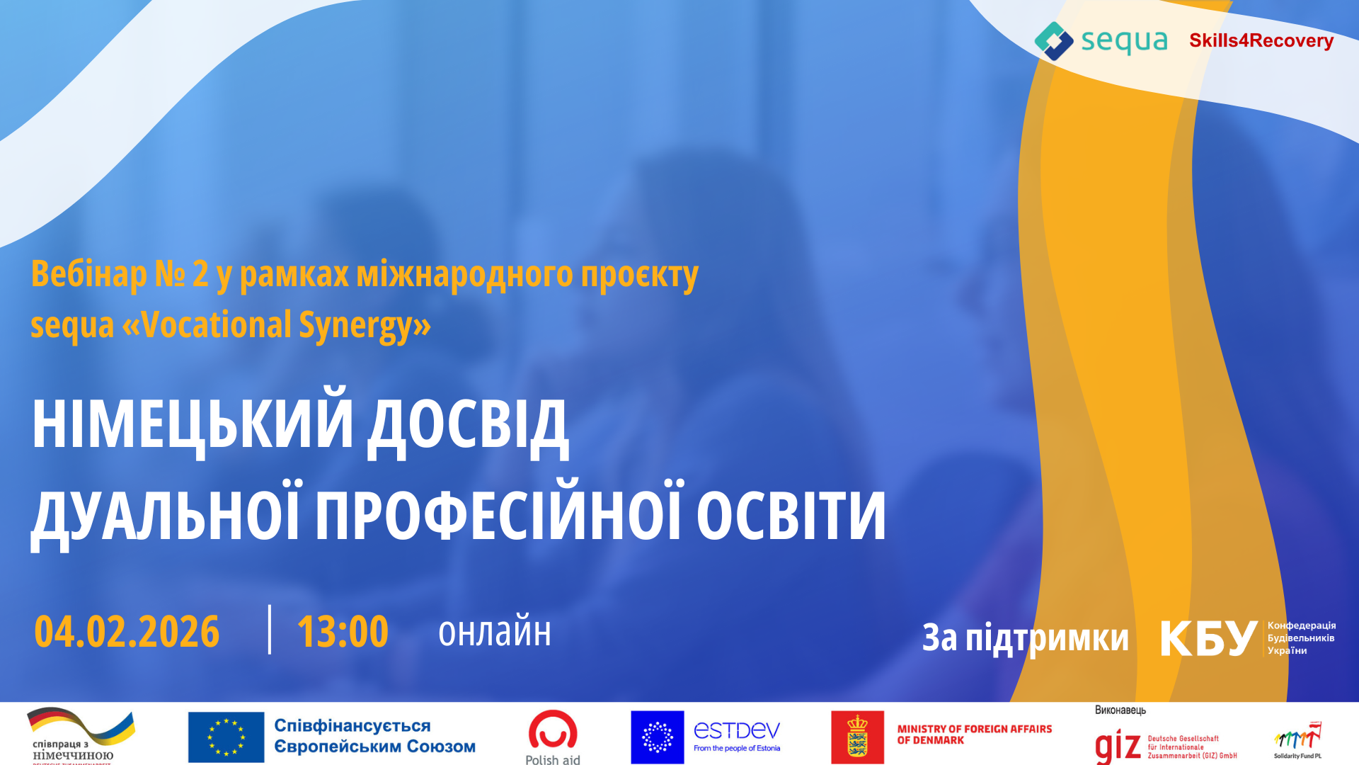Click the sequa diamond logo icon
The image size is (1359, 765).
pyautogui.click(x=1054, y=40)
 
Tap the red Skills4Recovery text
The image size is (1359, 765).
pyautogui.click(x=1261, y=41)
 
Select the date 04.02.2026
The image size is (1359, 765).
pyautogui.click(x=127, y=632)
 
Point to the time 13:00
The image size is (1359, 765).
pyautogui.click(x=343, y=632)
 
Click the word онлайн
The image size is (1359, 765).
pyautogui.click(x=495, y=633)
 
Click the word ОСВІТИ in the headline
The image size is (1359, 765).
pyautogui.click(x=791, y=515)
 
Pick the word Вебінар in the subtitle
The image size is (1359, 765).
pyautogui.click(x=88, y=274)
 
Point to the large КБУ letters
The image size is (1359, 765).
pyautogui.click(x=1209, y=638)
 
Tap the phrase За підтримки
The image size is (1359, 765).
pyautogui.click(x=1025, y=637)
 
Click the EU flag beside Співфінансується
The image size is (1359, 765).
pyautogui.click(x=226, y=737)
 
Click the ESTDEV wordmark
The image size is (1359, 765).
pyautogui.click(x=737, y=730)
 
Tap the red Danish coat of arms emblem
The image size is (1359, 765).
pyautogui.click(x=857, y=737)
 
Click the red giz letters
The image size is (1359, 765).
pyautogui.click(x=1118, y=745)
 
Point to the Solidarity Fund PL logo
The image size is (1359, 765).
pyautogui.click(x=1298, y=741)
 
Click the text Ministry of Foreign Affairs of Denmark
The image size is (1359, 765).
pyautogui.click(x=974, y=735)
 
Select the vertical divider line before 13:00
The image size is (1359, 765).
pyautogui.click(x=270, y=629)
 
